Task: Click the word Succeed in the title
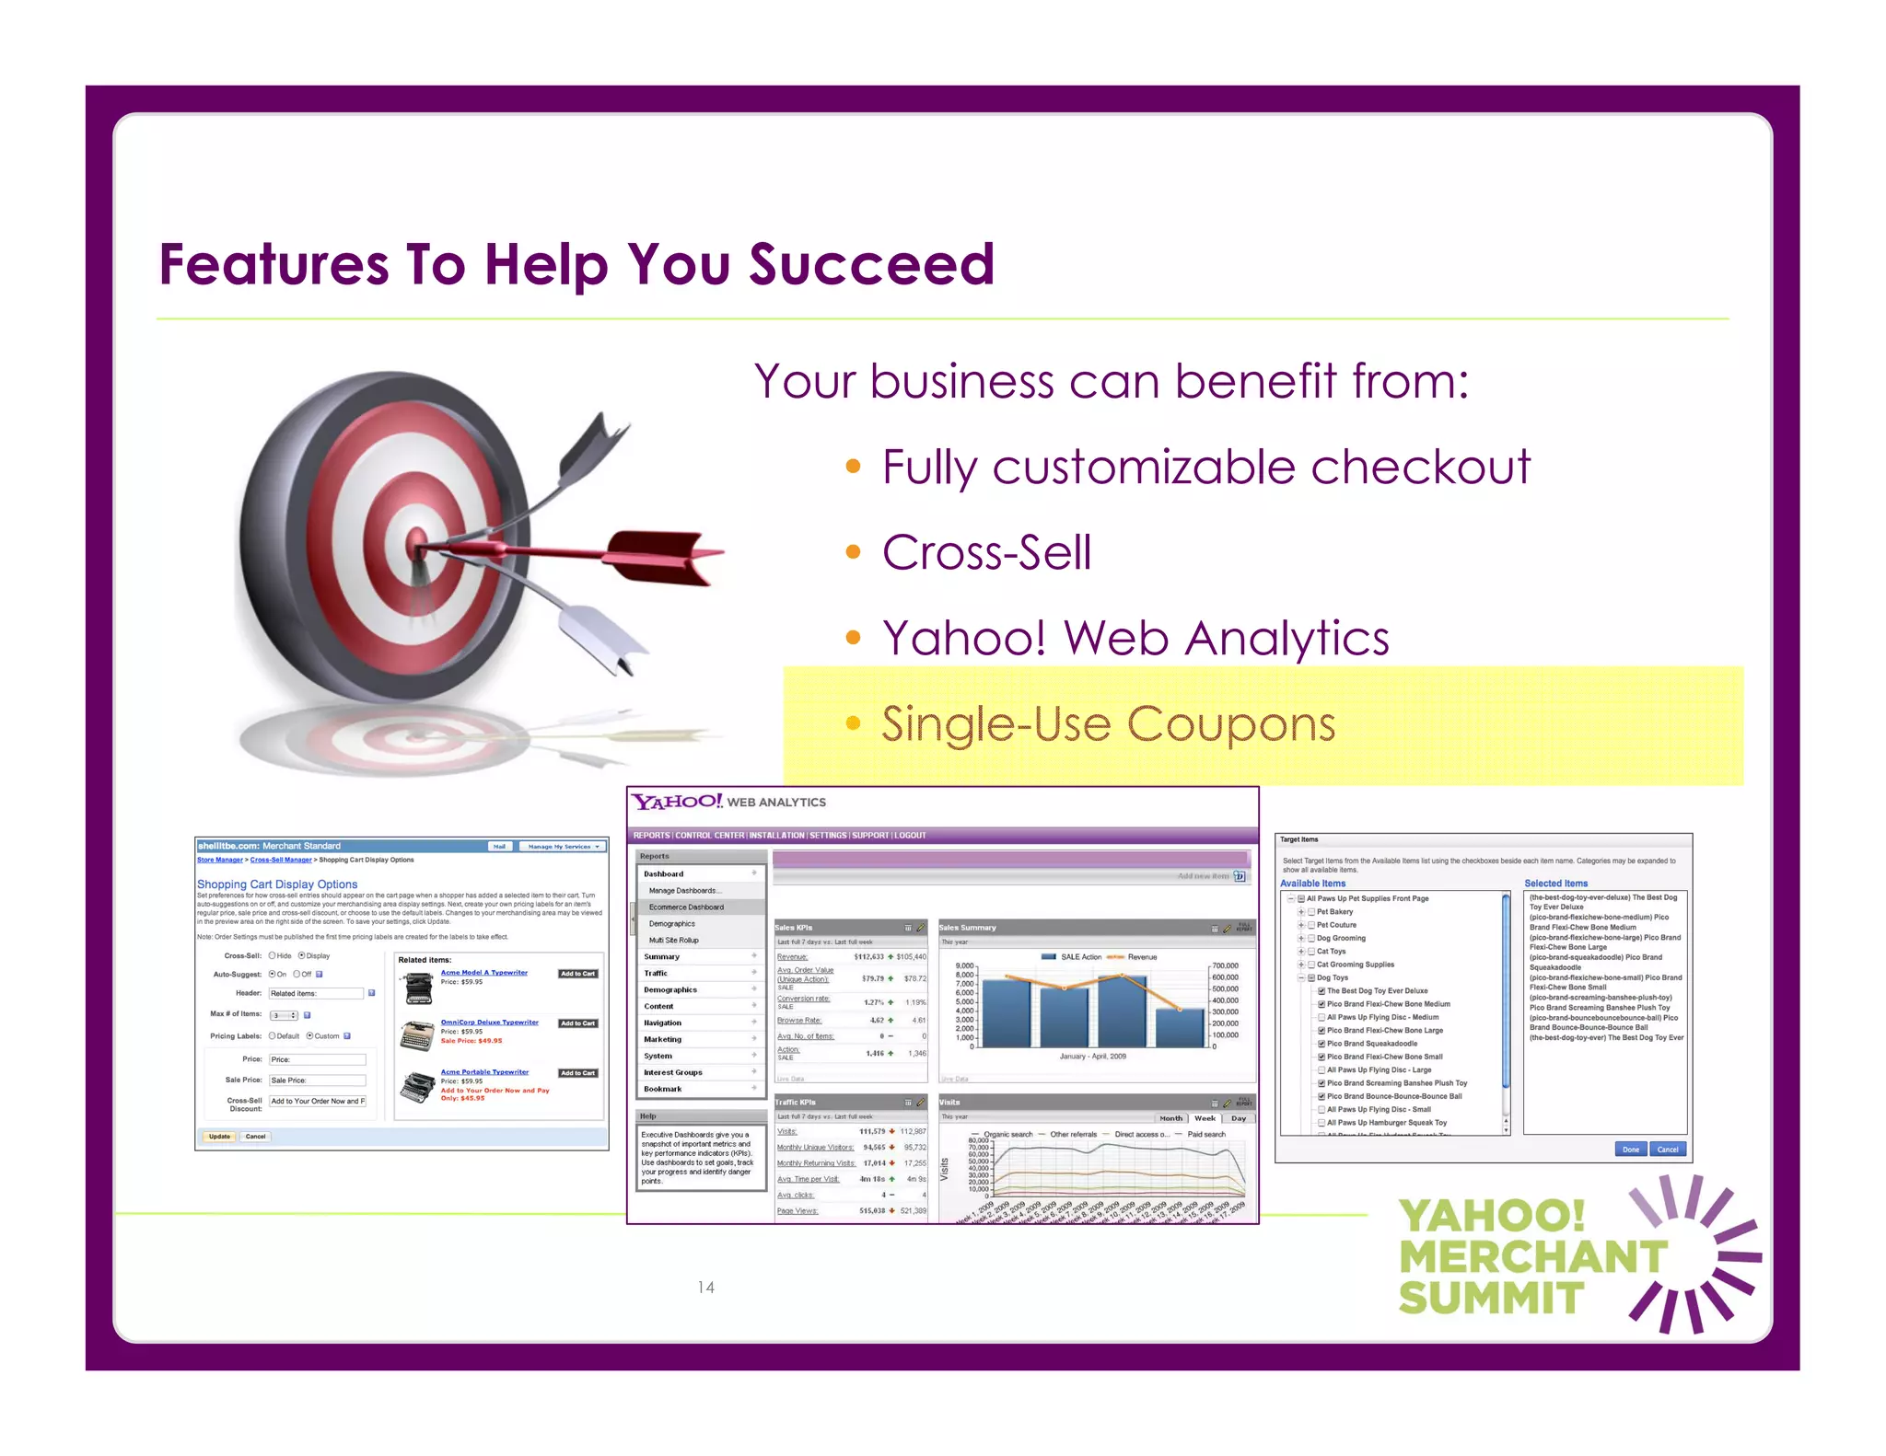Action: click(x=871, y=264)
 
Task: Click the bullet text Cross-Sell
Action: click(x=986, y=553)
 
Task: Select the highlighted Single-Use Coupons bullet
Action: click(x=1108, y=724)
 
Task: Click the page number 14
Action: click(x=705, y=1287)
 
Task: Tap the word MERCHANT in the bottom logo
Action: click(x=1532, y=1257)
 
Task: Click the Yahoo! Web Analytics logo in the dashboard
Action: click(x=728, y=802)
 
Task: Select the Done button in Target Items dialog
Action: click(x=1630, y=1149)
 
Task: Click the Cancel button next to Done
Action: click(x=1667, y=1149)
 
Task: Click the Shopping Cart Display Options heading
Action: click(x=277, y=884)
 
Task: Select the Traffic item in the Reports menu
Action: click(x=656, y=973)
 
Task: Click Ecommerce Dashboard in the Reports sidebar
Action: click(x=686, y=907)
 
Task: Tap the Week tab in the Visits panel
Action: click(x=1205, y=1118)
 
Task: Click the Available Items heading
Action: click(x=1312, y=884)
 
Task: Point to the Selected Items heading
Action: click(x=1555, y=884)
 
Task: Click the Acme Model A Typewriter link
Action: click(x=483, y=973)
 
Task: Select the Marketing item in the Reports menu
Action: click(x=662, y=1039)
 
